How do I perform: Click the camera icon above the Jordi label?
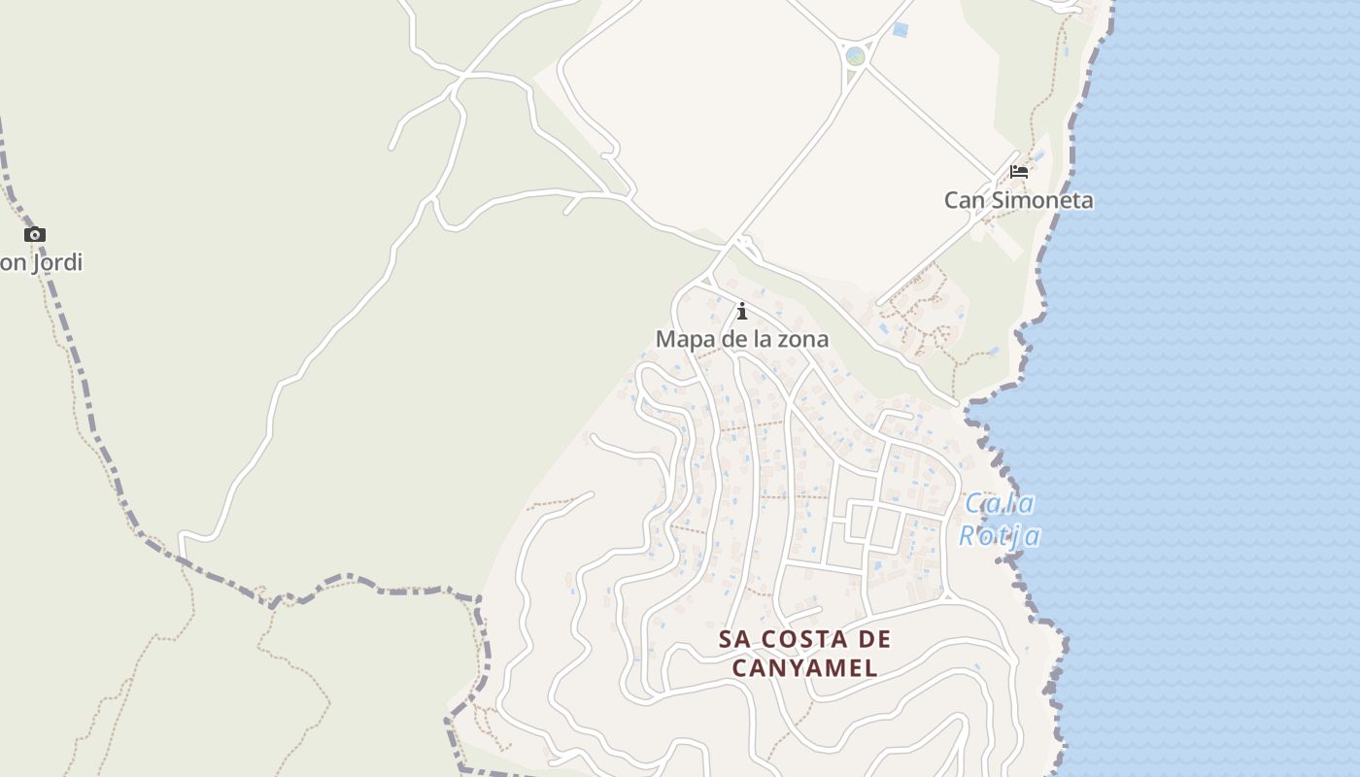click(x=35, y=234)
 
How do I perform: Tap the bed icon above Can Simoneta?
click(x=1018, y=172)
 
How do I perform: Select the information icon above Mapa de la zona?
click(x=742, y=311)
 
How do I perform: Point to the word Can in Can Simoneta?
click(x=962, y=200)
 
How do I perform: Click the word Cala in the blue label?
click(x=999, y=503)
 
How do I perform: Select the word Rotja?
click(x=1000, y=535)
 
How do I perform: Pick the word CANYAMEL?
click(x=804, y=668)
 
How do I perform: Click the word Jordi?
click(x=55, y=262)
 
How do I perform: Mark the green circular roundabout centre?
click(x=855, y=56)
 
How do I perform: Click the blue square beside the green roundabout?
click(x=900, y=30)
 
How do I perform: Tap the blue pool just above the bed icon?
click(x=1039, y=155)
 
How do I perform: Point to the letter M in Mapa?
click(x=665, y=339)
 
